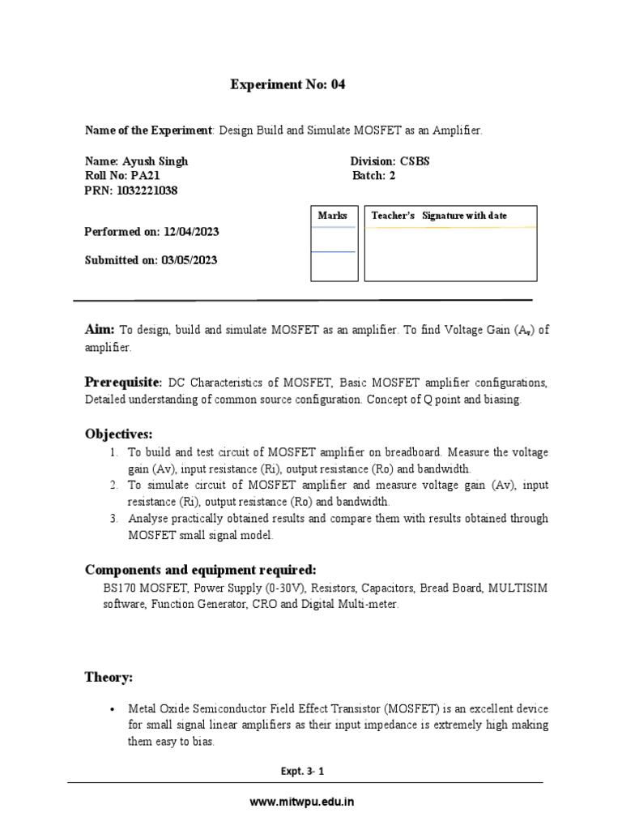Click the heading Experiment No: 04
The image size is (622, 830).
pos(288,85)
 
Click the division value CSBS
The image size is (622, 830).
pos(414,161)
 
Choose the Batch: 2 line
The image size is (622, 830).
pos(373,176)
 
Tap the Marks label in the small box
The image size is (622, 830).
pos(332,216)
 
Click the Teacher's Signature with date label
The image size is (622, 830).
pos(439,216)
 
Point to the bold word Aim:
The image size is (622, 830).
pos(100,329)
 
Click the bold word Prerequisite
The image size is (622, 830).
pos(123,382)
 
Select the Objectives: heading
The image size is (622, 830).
pos(118,434)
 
